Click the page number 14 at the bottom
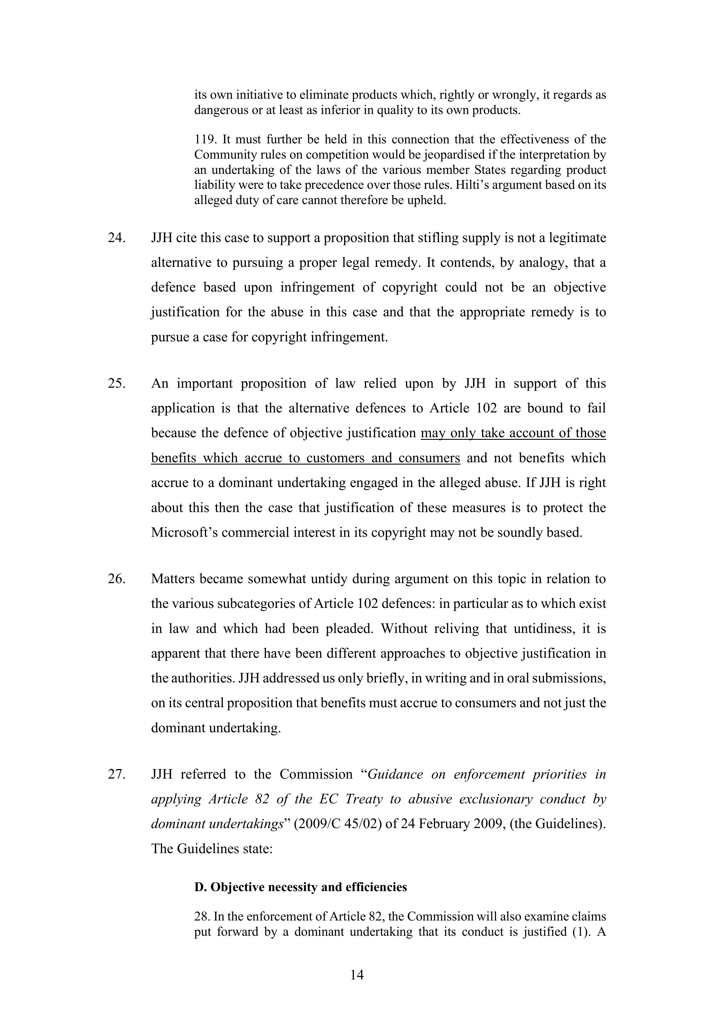357,975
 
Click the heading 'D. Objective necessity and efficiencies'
300,887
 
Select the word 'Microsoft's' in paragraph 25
184,533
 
